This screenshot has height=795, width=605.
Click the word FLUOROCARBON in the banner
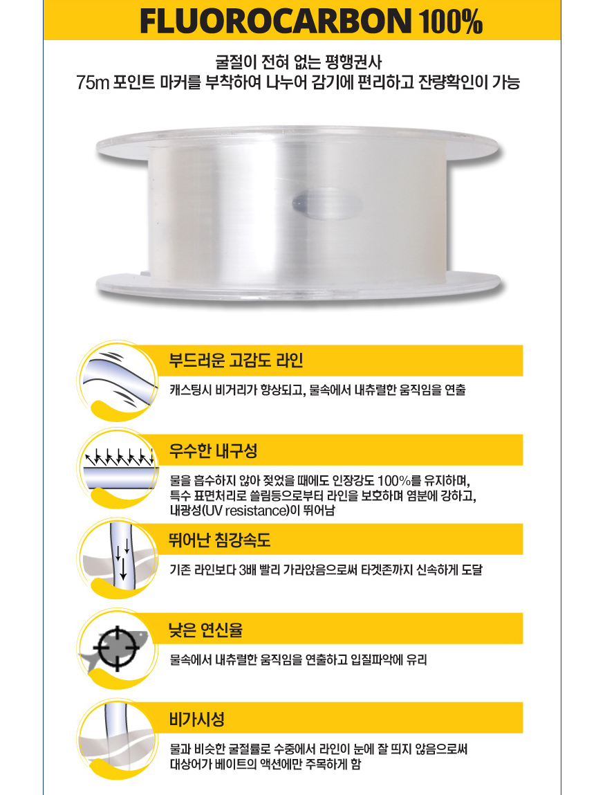click(x=276, y=21)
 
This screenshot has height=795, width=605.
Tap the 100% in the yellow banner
click(x=450, y=21)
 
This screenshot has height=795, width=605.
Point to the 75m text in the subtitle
click(x=93, y=82)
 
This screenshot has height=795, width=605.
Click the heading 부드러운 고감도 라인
click(x=236, y=360)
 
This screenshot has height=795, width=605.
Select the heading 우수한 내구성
click(x=213, y=450)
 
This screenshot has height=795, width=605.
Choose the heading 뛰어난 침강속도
click(x=219, y=540)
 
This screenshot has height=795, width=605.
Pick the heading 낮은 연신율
click(x=206, y=629)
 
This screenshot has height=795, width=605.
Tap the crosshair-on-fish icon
click(x=118, y=649)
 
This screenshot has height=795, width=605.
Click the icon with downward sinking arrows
click(x=118, y=559)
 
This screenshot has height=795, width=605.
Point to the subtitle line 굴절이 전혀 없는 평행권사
click(x=299, y=62)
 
